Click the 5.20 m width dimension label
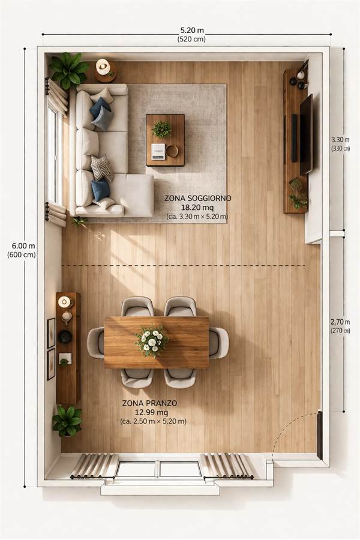pos(192,31)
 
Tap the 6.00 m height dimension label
pos(23,246)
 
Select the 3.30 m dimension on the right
pos(340,139)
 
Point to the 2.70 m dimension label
pos(340,322)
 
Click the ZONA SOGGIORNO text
pos(197,199)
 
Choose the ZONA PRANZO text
pos(149,403)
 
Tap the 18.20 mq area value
pos(197,208)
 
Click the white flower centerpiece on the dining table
pos(152,341)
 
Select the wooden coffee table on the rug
pos(165,140)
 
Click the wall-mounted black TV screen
pos(306,134)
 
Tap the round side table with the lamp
pos(105,71)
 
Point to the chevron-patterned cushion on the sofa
pos(102,168)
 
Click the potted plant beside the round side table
pos(69,70)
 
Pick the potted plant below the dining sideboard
pos(68,421)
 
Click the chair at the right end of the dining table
pos(219,343)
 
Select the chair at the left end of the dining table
pos(96,343)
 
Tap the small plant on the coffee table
pos(161,130)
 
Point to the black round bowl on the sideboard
pos(65,337)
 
